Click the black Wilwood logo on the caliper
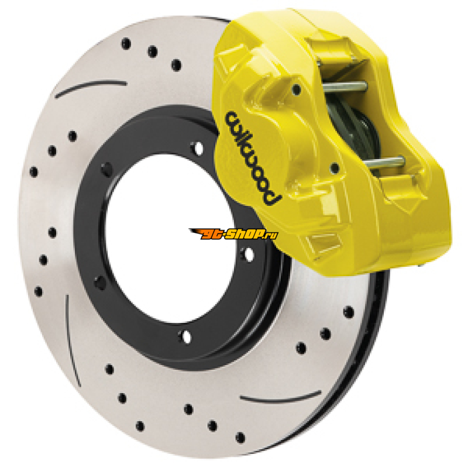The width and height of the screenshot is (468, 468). point(252,157)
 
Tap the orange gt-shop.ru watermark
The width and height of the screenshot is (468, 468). point(233,234)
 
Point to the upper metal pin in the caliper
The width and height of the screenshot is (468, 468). point(345,87)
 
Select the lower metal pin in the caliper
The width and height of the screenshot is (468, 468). point(385,163)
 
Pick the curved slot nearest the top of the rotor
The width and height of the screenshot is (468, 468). point(91,88)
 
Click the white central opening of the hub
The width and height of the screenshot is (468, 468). point(169,239)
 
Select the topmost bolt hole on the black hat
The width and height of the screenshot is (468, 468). point(198,148)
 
